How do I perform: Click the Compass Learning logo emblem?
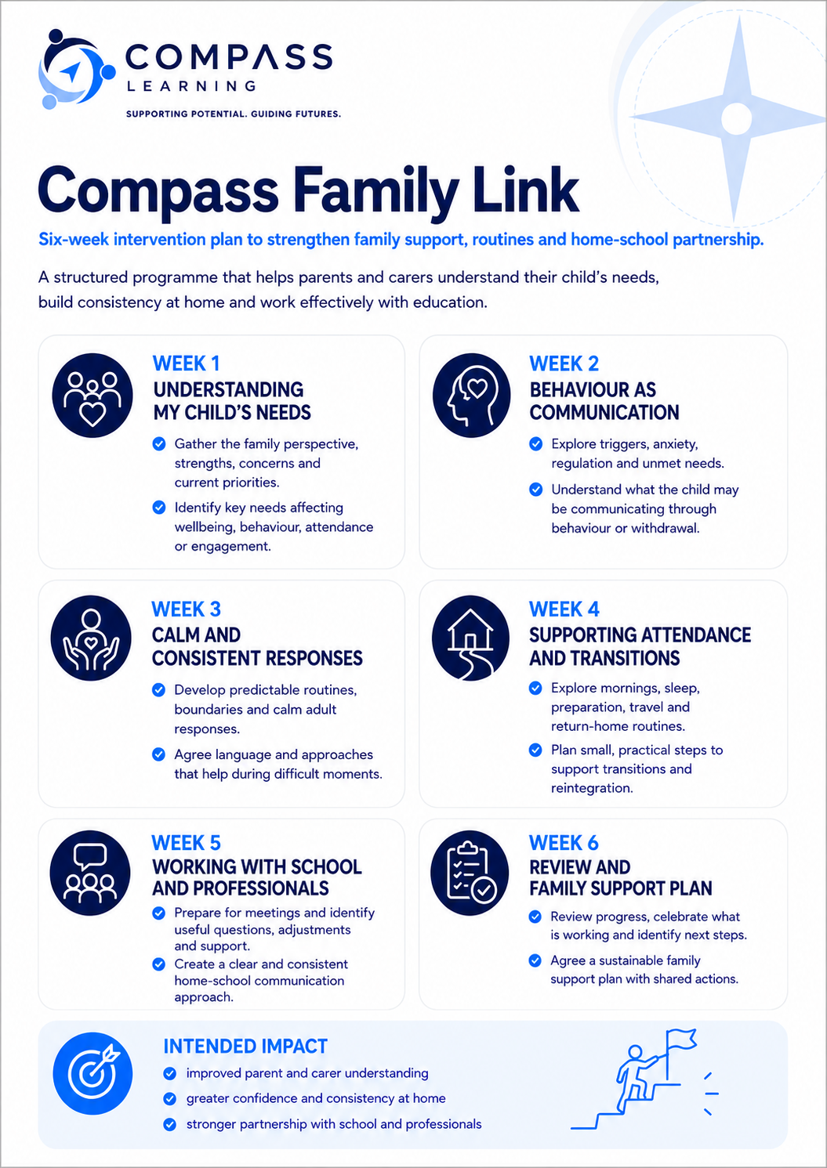77,69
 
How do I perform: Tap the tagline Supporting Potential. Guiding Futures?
234,114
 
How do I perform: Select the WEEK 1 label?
186,363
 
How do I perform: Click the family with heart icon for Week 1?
92,396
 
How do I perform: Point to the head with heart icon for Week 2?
471,395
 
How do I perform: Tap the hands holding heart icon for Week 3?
91,638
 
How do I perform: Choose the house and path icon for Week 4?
470,638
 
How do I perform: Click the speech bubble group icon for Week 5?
89,873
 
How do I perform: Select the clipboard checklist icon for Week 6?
470,873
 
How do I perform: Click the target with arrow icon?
92,1073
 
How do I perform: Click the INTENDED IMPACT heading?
245,1046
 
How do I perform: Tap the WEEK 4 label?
564,609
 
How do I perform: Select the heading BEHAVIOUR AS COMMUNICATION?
604,401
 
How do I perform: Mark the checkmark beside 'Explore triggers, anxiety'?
536,443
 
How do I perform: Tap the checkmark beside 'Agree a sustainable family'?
535,960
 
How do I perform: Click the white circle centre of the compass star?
736,118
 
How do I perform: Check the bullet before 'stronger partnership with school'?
169,1123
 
